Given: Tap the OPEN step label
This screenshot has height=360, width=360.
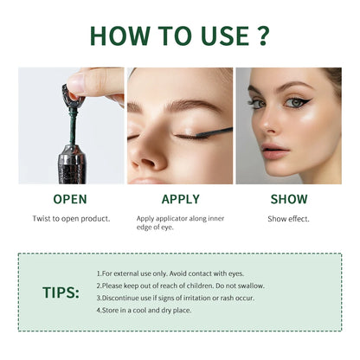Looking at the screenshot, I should coord(70,199).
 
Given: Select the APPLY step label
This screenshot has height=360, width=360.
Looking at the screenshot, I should coord(180,199).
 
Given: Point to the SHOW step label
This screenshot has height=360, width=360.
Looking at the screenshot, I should coord(288,199).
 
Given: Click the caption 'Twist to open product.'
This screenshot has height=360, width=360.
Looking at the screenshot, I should coord(71,219).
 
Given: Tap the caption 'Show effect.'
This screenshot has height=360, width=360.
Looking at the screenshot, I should coord(288,219).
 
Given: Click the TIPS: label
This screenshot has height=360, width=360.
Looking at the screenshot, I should coord(61,292).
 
